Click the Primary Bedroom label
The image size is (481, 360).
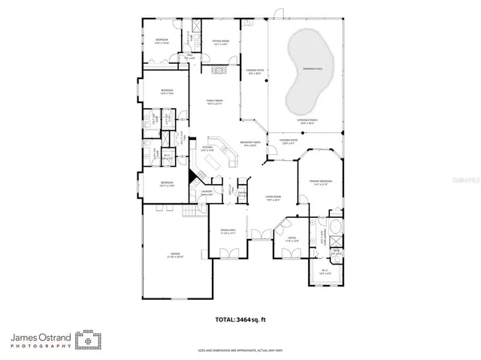pyautogui.click(x=320, y=182)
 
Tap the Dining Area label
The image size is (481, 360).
pyautogui.click(x=228, y=231)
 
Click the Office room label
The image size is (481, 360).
pyautogui.click(x=292, y=238)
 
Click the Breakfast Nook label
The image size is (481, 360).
pyautogui.click(x=250, y=144)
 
